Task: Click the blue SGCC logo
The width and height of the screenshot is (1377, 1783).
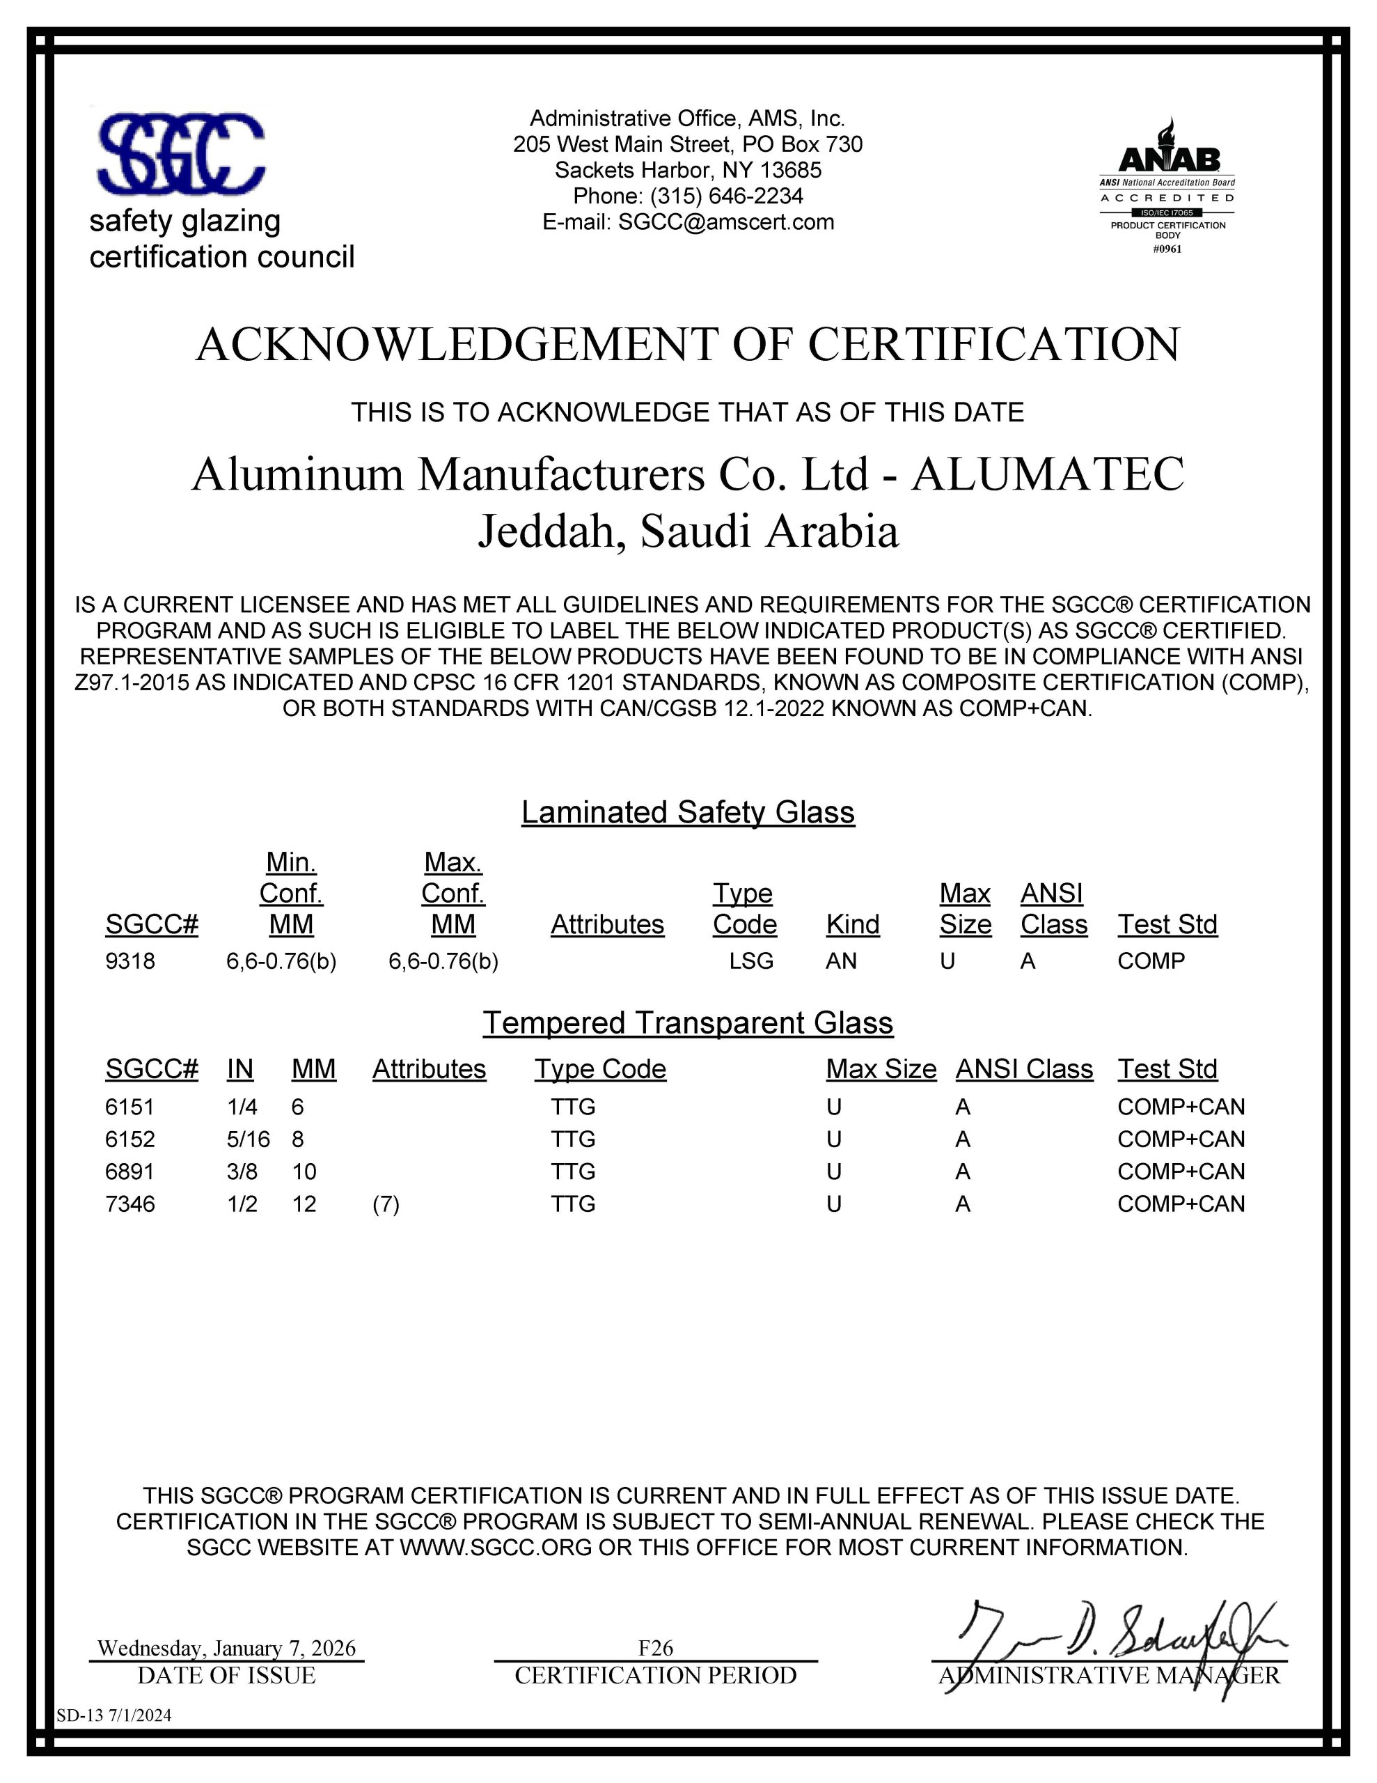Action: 181,155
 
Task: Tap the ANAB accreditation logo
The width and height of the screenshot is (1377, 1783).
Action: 1167,186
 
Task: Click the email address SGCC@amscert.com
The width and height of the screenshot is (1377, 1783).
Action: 725,222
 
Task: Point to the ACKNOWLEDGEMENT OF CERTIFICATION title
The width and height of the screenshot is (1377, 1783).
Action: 688,345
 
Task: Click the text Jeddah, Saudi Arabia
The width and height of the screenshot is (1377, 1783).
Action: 688,531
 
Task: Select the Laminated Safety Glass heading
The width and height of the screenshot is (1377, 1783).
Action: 688,812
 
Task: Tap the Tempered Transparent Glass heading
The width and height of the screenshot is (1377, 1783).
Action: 688,1023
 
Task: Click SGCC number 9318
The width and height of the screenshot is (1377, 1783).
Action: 129,961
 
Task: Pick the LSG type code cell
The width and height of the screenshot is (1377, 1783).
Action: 751,961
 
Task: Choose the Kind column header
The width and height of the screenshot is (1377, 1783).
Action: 852,924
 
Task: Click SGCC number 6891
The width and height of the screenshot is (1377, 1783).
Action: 129,1171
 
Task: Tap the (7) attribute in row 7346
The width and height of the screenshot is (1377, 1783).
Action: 386,1204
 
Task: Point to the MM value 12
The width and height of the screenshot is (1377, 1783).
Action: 304,1204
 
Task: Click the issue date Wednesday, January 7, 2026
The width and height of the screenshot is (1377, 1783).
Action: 227,1649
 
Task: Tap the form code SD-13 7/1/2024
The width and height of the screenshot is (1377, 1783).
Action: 114,1715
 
